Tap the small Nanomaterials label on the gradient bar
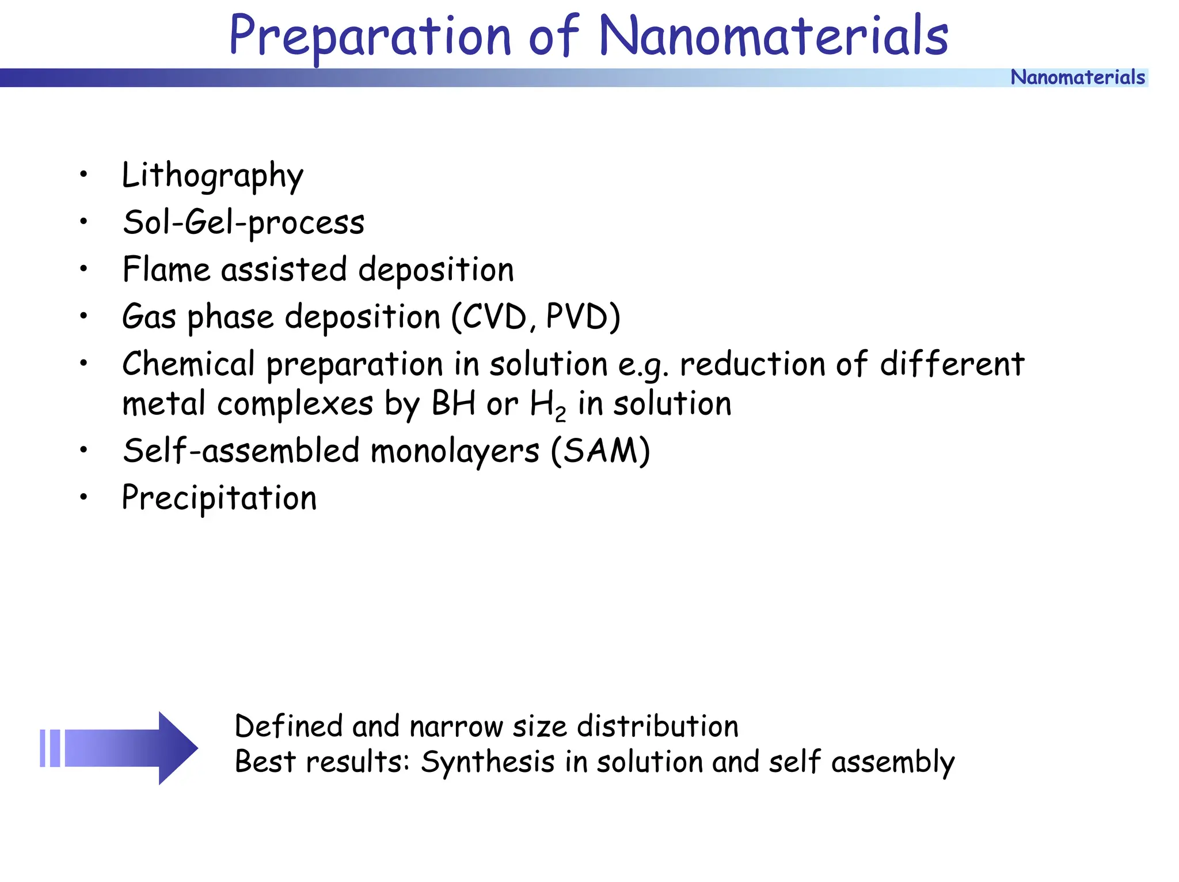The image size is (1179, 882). coord(1077,77)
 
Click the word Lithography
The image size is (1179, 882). coord(212,175)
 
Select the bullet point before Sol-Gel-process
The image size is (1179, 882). coord(84,222)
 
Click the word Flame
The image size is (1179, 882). coord(166,270)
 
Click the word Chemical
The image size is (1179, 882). coord(188,364)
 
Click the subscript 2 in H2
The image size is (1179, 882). coord(561,414)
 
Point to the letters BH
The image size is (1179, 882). coord(453,403)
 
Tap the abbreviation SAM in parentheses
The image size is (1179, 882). coord(600,451)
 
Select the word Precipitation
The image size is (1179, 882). coord(219,498)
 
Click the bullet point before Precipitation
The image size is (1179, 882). coord(84,497)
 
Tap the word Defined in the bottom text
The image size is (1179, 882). coord(288,726)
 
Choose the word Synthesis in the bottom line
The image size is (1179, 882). coord(487,762)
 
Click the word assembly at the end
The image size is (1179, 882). coord(892,763)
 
